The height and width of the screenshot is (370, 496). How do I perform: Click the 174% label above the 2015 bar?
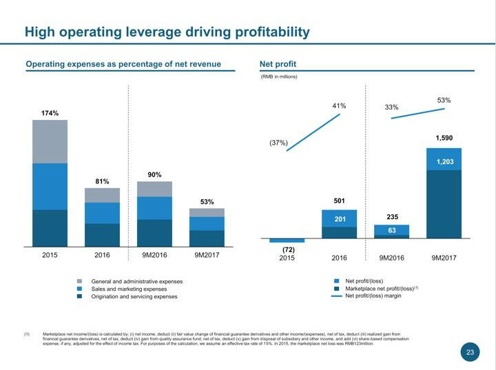(50, 113)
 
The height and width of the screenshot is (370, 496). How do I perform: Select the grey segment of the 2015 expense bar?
(50, 141)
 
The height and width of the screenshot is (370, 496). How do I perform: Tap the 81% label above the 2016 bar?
(103, 181)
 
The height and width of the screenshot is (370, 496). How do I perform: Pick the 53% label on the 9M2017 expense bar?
(207, 202)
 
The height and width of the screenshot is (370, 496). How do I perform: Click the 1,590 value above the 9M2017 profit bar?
(444, 138)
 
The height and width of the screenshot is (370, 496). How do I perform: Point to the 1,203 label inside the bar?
(444, 161)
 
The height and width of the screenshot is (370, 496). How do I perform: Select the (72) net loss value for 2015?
(288, 249)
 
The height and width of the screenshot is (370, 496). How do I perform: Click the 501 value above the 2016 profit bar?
(340, 201)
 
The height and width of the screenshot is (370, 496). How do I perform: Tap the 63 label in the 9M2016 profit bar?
(392, 230)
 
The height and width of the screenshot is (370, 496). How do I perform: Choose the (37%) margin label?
(278, 143)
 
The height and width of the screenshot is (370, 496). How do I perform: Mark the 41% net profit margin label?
(339, 106)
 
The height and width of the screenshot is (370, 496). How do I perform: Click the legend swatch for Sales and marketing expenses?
(80, 289)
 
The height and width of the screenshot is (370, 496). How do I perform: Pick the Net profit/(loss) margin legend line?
(337, 296)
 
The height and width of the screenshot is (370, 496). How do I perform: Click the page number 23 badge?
(470, 353)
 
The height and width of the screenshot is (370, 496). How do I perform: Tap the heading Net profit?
(278, 65)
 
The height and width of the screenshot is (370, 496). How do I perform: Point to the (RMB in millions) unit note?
(278, 76)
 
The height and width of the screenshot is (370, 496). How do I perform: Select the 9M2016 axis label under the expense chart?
(155, 255)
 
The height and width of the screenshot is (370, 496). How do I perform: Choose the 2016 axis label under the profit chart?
(339, 258)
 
